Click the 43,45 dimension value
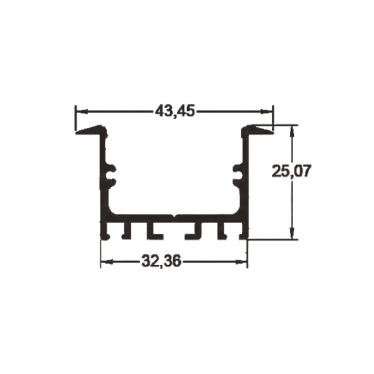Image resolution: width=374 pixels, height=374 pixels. click(175, 111)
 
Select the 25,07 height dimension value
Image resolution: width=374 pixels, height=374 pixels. click(292, 171)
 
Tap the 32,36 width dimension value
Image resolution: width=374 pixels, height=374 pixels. click(161, 261)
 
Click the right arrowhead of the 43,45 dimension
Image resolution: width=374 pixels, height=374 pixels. click(266, 111)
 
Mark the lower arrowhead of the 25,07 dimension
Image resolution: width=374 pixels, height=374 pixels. click(292, 233)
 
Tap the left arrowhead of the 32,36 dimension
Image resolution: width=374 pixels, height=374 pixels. click(107, 262)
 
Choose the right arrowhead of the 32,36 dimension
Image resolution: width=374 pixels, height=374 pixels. click(241, 262)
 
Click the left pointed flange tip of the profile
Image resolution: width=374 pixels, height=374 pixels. click(76, 133)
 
